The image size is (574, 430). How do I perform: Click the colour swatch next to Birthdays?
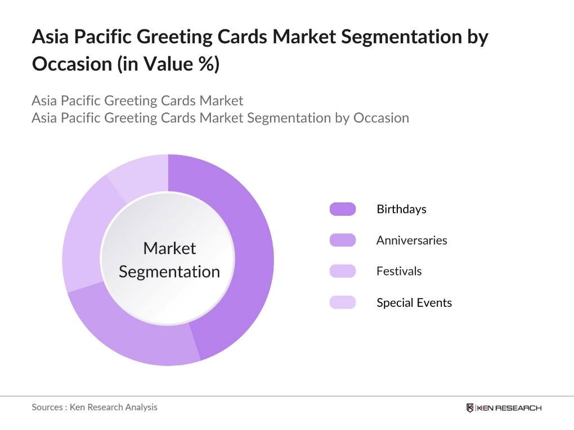click(342, 209)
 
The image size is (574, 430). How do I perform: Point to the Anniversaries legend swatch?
click(342, 240)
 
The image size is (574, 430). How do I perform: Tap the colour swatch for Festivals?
click(342, 271)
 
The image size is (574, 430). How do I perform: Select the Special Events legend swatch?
click(342, 302)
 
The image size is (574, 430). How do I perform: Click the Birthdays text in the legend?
click(401, 209)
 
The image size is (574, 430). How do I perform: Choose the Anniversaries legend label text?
click(411, 240)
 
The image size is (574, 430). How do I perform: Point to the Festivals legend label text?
click(399, 271)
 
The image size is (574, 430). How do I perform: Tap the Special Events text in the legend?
click(414, 302)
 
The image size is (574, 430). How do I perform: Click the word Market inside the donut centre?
click(169, 248)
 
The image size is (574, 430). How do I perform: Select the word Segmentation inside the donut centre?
click(169, 271)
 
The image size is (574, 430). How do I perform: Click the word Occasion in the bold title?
click(71, 64)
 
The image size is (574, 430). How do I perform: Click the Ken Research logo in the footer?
click(504, 408)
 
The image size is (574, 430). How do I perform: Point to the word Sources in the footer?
click(46, 407)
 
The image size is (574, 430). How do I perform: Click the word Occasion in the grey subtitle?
click(380, 118)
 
